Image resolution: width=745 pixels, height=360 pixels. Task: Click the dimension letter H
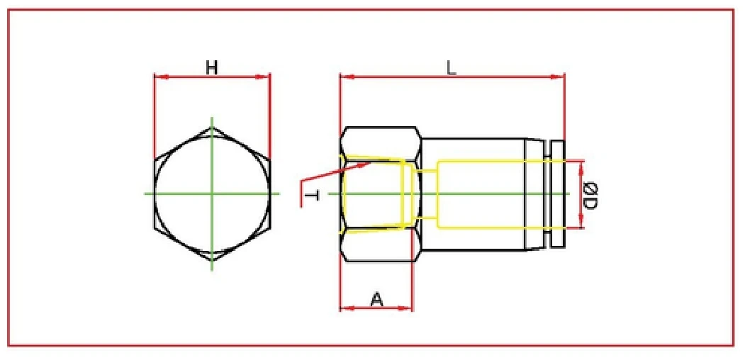[211, 67]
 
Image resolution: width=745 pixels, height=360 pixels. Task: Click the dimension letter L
[451, 67]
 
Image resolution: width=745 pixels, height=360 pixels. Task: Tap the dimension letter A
[377, 300]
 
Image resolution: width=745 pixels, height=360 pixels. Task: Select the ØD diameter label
[591, 195]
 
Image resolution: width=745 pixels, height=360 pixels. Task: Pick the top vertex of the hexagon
[212, 128]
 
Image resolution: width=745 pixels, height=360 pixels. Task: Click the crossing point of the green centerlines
[212, 193]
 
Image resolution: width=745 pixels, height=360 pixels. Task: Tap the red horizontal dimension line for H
[241, 77]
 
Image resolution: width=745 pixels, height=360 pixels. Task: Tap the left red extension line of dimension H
[155, 113]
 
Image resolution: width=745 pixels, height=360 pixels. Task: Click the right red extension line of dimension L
[564, 106]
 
